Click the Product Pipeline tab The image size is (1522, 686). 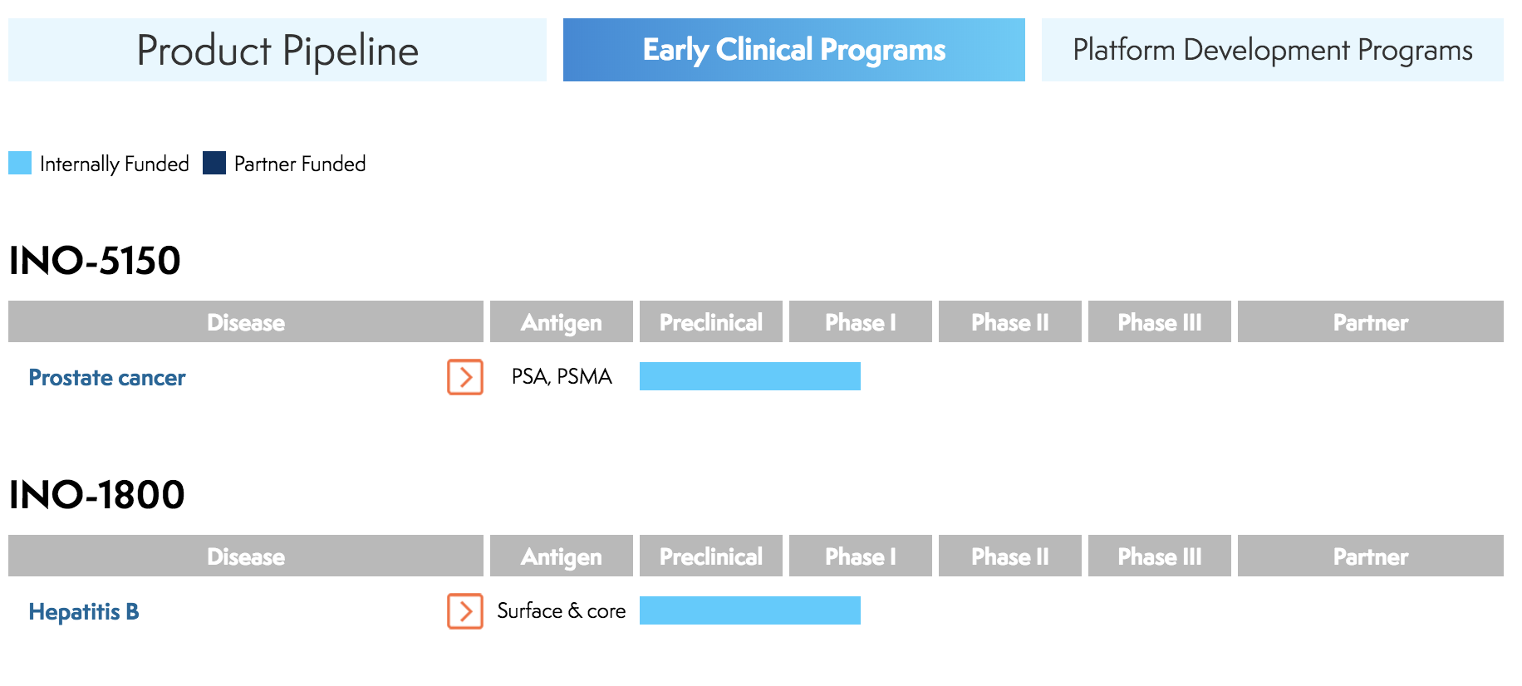pos(277,50)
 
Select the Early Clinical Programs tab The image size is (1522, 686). pos(793,50)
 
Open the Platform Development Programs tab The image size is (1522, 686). pos(1272,50)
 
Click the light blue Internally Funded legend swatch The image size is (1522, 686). pos(20,163)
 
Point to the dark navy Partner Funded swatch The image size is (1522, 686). pos(214,163)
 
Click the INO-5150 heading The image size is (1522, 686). pos(95,261)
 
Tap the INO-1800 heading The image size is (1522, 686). pos(96,495)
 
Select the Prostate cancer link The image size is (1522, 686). pos(107,378)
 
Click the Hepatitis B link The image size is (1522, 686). pos(84,612)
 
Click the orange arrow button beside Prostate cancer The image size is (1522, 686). pos(465,377)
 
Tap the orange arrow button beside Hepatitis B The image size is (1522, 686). pos(465,611)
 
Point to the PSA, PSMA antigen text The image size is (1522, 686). pos(562,377)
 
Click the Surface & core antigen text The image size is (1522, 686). pos(562,611)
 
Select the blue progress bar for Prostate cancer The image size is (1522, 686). pos(749,376)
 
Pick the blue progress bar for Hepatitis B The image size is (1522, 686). pos(749,610)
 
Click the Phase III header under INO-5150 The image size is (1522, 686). pos(1159,322)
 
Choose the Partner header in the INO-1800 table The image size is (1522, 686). pos(1370,556)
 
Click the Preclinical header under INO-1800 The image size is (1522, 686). pos(710,556)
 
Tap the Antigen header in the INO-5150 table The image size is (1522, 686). pos(561,322)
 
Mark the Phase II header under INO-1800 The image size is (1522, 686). pos(1009,556)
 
